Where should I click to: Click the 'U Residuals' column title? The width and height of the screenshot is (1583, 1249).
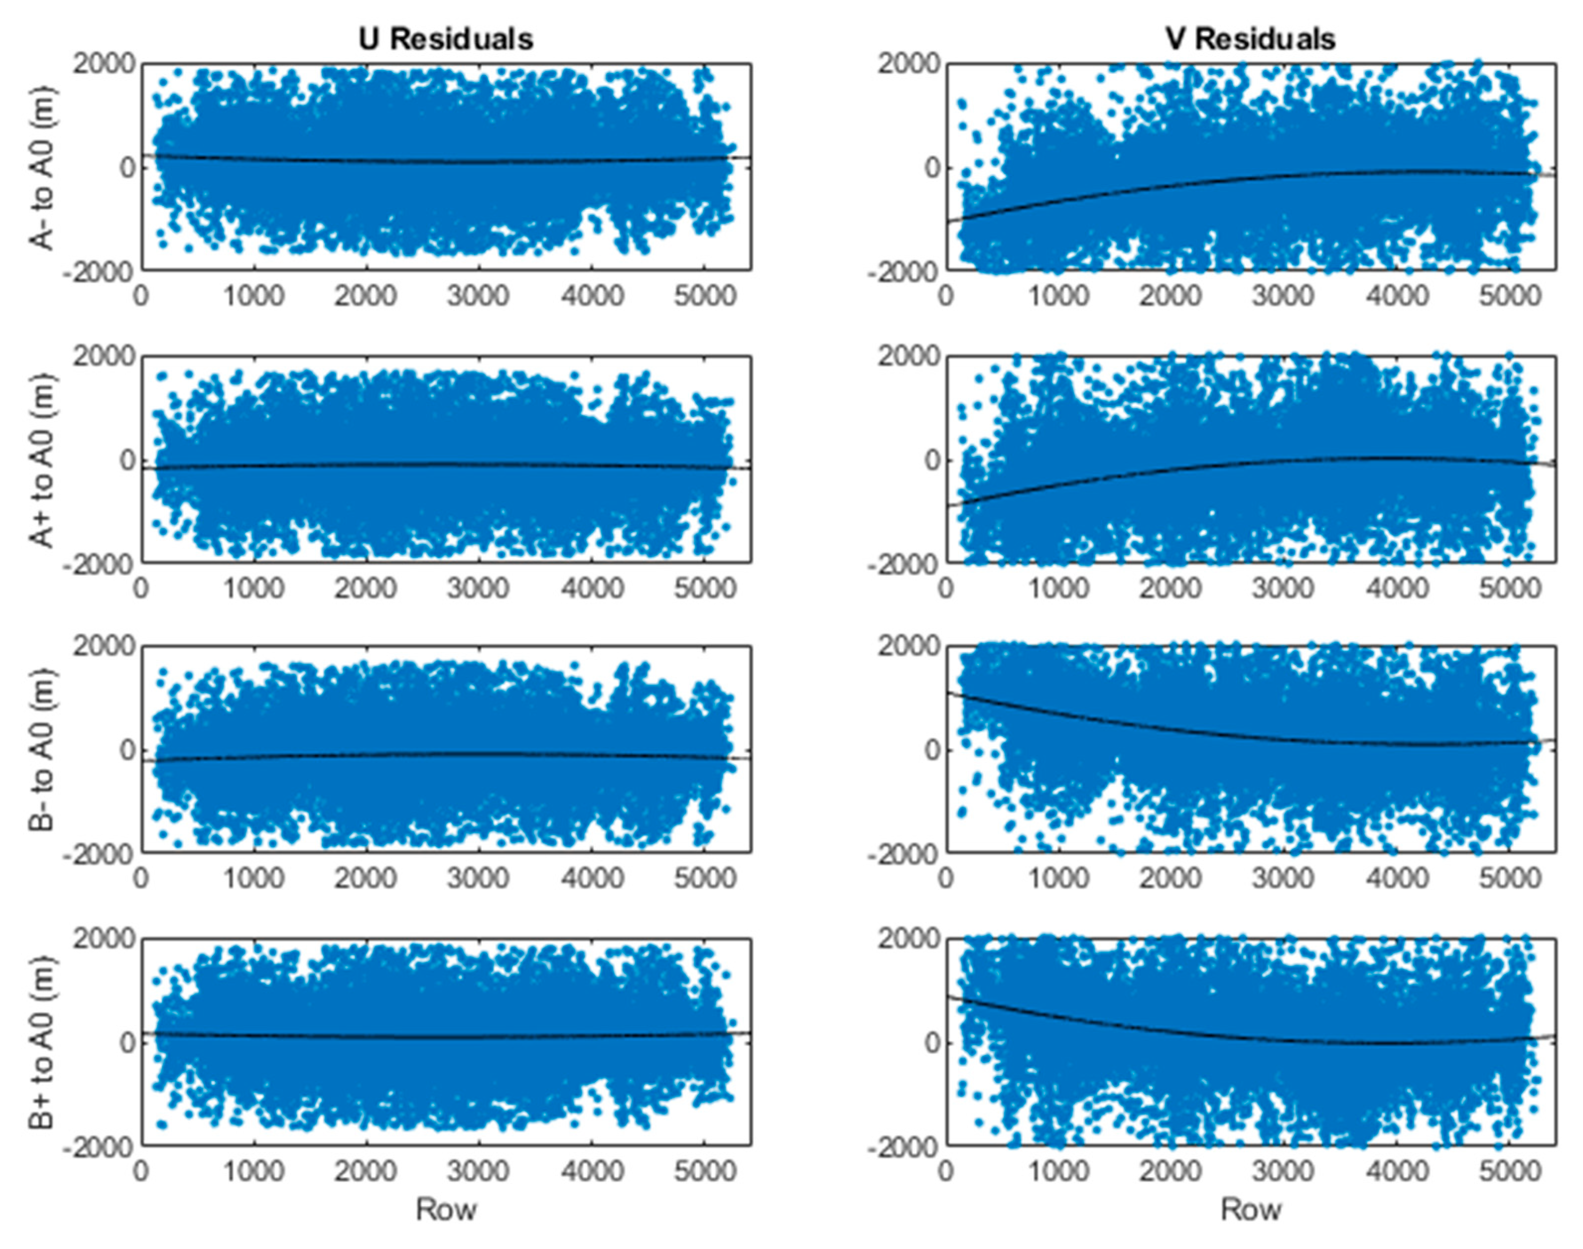(446, 39)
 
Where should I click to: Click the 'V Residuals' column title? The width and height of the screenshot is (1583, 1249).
(1250, 39)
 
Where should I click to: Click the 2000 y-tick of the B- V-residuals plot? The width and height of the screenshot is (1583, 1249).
(909, 646)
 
